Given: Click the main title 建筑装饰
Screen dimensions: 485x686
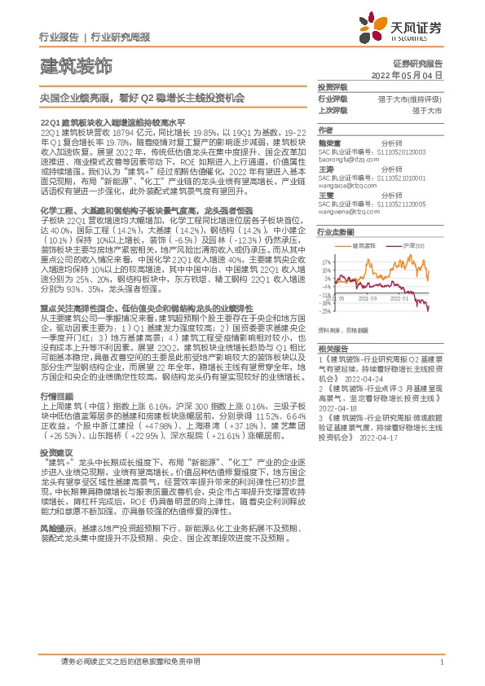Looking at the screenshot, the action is [76, 64].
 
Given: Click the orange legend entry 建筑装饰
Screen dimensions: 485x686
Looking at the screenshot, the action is [364, 244].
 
